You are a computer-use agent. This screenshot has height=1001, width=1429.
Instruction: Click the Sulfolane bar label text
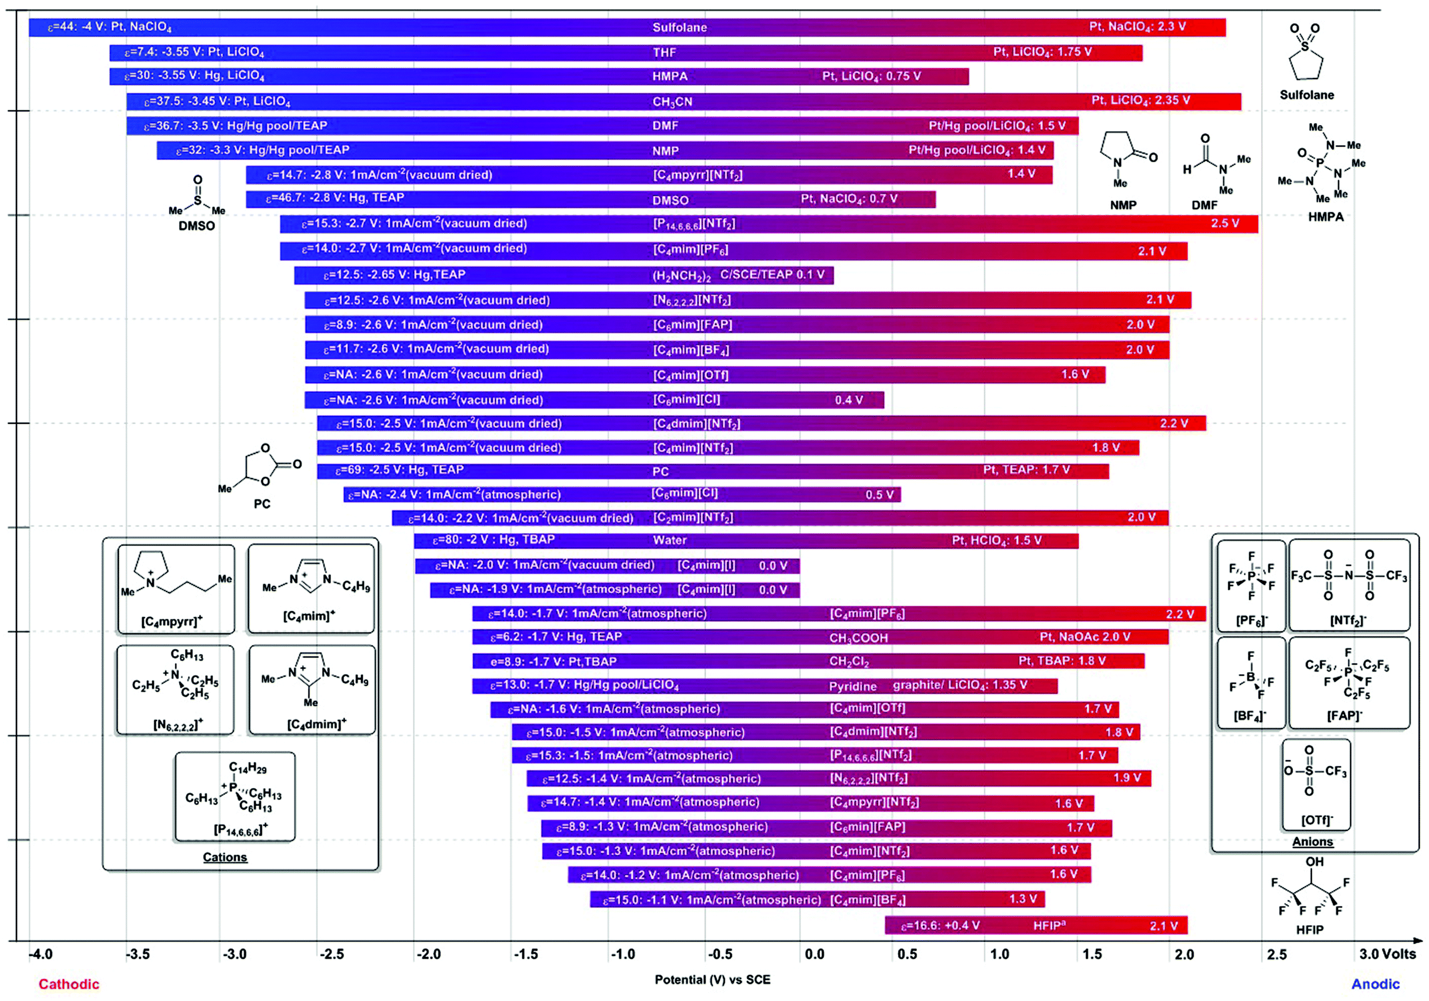click(x=679, y=27)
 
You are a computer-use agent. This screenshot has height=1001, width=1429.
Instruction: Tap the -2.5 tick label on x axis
click(x=331, y=954)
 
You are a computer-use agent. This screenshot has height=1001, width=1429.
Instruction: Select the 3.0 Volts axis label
click(x=1387, y=954)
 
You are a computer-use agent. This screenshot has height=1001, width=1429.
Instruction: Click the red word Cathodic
click(x=69, y=983)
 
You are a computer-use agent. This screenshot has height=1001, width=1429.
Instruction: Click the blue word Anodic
click(x=1375, y=983)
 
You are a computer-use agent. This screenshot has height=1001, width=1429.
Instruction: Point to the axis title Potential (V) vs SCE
click(x=712, y=979)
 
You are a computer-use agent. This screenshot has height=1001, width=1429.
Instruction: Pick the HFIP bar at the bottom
click(x=1036, y=925)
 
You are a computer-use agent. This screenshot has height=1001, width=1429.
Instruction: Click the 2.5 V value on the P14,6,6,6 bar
click(x=1224, y=223)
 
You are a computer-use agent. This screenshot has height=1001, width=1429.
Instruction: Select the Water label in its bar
click(x=670, y=540)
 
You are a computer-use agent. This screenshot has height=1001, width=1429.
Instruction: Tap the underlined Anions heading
click(x=1312, y=841)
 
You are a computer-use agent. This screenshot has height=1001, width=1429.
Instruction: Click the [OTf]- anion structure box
click(x=1316, y=784)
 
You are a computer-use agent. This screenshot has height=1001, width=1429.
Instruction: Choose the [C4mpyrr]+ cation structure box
click(x=176, y=589)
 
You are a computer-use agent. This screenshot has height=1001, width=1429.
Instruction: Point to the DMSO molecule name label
click(x=197, y=226)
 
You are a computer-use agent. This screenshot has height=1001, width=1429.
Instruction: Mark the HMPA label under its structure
click(x=1326, y=217)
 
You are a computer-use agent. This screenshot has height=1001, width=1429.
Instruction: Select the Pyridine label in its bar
click(x=852, y=686)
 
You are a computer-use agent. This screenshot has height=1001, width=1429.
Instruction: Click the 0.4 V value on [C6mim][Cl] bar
click(x=848, y=400)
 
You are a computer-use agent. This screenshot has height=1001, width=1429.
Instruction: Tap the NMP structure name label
click(x=1123, y=204)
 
